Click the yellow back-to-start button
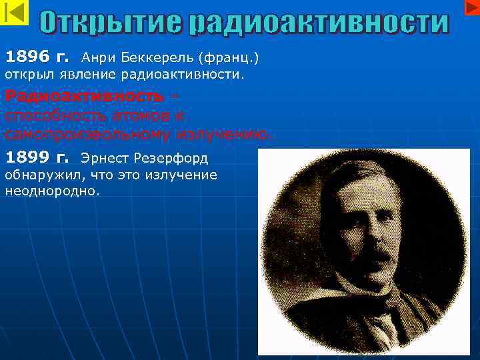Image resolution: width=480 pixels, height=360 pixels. coord(15,13)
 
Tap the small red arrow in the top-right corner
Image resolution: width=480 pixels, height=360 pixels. coord(469,7)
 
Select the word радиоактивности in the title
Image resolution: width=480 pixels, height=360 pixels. coord(319,24)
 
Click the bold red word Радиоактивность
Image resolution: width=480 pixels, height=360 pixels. coord(84,97)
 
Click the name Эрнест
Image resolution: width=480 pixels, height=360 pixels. coord(103,159)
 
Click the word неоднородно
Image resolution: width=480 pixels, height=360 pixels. coord(52,191)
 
